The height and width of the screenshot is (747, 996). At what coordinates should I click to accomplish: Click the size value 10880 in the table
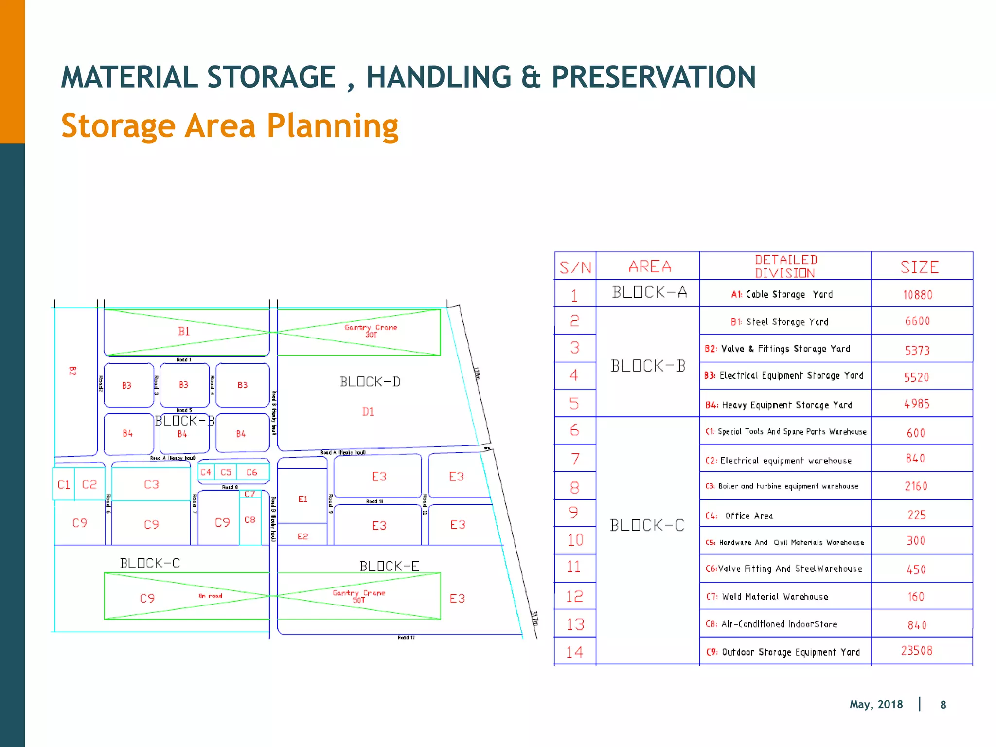tap(917, 295)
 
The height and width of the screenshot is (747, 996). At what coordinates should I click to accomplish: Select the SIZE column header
tap(919, 267)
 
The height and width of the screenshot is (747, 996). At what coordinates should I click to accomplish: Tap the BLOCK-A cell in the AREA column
tap(649, 292)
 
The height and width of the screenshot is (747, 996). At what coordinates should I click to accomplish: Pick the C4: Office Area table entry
tap(739, 516)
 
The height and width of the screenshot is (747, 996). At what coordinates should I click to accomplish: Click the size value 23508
tap(917, 651)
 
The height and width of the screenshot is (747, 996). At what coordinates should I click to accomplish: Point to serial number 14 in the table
tap(574, 652)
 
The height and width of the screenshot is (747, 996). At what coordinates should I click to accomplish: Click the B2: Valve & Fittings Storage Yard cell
tap(777, 349)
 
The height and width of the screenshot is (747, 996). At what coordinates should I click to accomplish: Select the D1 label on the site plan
tap(368, 412)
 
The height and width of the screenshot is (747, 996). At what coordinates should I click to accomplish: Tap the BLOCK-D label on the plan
tap(370, 382)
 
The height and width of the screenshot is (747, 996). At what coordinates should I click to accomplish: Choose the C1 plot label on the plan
tap(64, 485)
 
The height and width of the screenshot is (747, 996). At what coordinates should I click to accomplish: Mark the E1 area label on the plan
tap(302, 499)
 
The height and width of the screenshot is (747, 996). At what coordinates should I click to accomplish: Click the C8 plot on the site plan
tap(250, 520)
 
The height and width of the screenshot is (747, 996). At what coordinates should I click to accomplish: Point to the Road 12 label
tap(406, 637)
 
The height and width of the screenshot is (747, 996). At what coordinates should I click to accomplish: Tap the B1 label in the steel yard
tap(184, 332)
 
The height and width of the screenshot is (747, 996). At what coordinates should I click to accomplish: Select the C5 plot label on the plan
tap(226, 472)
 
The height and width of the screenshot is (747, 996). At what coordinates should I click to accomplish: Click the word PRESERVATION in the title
tap(653, 77)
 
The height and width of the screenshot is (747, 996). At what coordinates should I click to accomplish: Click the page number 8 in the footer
tap(943, 705)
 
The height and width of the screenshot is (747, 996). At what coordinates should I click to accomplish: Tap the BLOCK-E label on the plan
tap(389, 566)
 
